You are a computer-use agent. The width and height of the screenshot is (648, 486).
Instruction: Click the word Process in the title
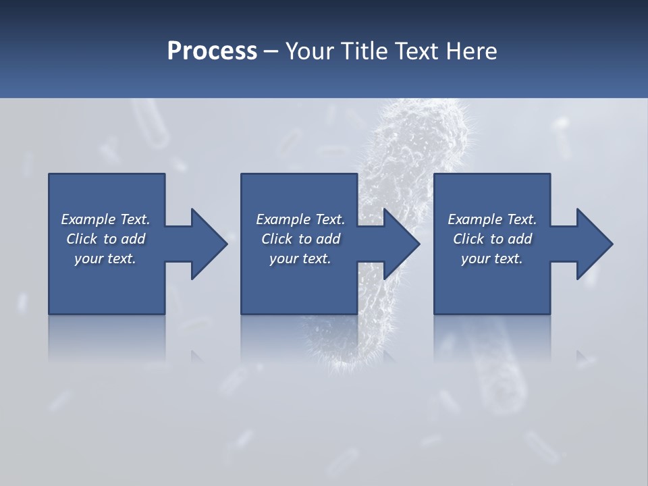tap(212, 51)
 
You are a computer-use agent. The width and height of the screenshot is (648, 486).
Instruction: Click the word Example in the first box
tap(88, 219)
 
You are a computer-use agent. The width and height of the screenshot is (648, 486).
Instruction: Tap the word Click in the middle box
tap(277, 239)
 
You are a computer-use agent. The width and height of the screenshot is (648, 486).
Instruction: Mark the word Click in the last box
tap(468, 239)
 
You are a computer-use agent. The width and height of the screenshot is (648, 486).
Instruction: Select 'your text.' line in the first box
tap(105, 259)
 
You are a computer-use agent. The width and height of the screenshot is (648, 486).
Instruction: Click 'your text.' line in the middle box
tap(300, 259)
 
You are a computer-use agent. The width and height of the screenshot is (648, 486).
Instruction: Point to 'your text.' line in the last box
tap(492, 259)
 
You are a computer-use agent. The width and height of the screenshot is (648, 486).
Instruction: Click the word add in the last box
tap(520, 239)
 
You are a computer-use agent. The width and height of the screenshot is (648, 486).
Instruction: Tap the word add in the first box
tap(133, 239)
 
